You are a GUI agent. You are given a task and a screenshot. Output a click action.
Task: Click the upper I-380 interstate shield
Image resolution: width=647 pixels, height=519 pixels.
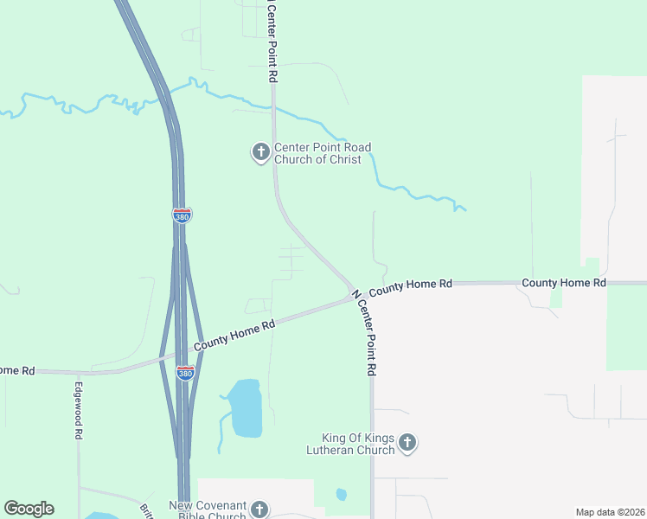[182, 215]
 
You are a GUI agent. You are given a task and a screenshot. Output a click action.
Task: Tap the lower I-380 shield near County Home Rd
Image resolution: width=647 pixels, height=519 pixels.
[185, 373]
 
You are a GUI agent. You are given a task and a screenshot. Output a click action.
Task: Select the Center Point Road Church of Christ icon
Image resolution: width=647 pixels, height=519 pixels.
[259, 153]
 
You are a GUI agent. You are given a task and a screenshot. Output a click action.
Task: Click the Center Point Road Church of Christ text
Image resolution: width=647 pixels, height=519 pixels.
[317, 153]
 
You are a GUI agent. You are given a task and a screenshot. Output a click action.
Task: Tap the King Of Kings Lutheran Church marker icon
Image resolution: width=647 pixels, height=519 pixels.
[408, 444]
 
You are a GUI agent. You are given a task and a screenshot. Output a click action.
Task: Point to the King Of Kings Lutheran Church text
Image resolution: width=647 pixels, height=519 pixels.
[358, 444]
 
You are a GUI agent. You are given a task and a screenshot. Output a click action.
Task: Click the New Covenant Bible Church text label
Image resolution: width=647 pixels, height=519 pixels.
[208, 510]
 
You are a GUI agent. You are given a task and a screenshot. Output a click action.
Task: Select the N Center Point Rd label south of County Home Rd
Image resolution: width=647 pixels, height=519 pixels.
[364, 333]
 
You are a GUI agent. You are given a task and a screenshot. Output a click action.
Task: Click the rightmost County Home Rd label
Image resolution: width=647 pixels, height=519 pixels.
[563, 283]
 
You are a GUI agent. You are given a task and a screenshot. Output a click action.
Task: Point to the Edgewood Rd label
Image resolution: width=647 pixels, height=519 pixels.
[78, 411]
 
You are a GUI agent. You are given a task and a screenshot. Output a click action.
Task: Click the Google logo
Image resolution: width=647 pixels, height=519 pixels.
[29, 509]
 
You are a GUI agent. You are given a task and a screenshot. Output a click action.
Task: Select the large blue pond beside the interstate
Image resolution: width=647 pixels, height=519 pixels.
[246, 407]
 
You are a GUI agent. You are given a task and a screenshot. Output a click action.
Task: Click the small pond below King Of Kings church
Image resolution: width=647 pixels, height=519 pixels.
[341, 495]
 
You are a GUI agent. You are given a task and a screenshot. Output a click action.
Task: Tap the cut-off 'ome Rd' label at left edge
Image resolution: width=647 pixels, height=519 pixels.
[17, 370]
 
